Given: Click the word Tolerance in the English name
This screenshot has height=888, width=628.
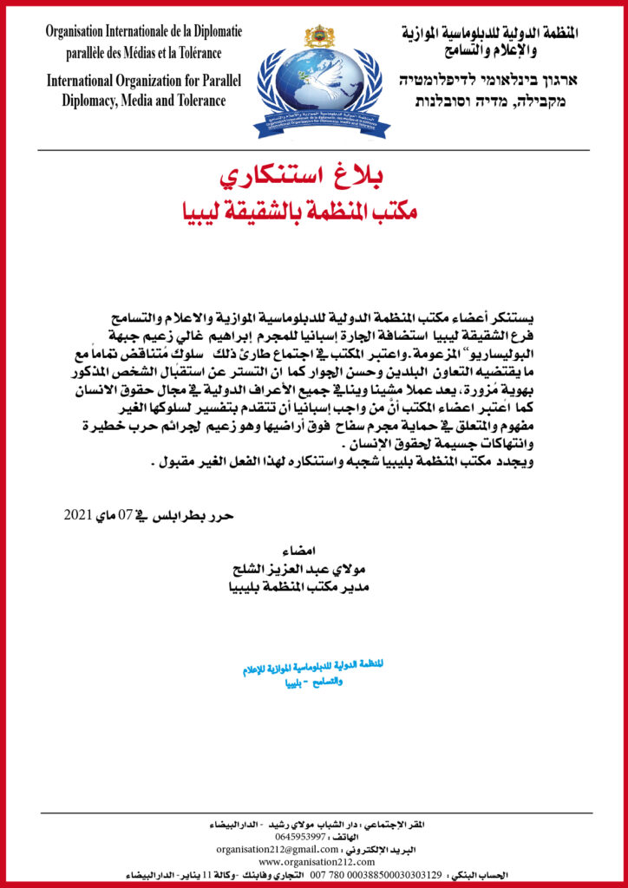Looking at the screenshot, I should click(x=199, y=101).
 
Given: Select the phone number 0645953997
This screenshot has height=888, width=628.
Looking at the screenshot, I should click(x=297, y=837).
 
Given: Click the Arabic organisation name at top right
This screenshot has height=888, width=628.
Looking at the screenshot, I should click(x=490, y=39).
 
